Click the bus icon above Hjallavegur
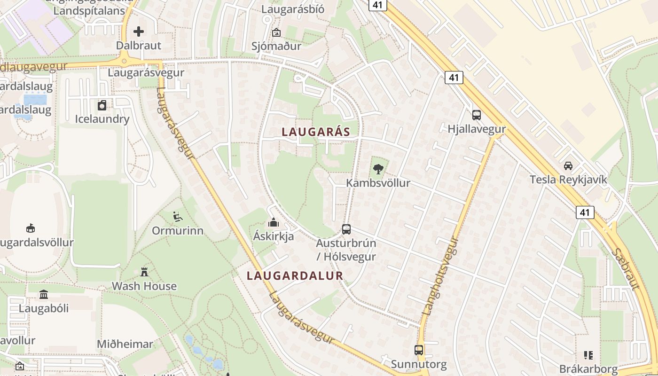click(x=476, y=115)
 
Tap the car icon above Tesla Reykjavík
click(x=568, y=165)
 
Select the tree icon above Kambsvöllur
click(x=378, y=169)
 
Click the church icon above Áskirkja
click(x=273, y=222)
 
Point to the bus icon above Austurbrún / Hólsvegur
click(x=346, y=229)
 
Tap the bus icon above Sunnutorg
click(x=418, y=350)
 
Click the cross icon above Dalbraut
click(x=139, y=31)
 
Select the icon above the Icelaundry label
click(x=102, y=105)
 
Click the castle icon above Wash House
click(x=144, y=272)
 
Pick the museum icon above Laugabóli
click(x=44, y=294)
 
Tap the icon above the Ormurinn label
click(x=178, y=216)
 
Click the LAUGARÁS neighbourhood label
click(x=316, y=132)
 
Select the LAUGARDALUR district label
click(x=295, y=275)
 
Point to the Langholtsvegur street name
click(x=440, y=275)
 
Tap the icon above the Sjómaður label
click(x=276, y=32)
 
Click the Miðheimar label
click(x=125, y=344)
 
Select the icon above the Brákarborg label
click(x=588, y=355)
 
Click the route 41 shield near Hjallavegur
click(x=454, y=78)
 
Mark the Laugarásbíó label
click(x=293, y=9)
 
